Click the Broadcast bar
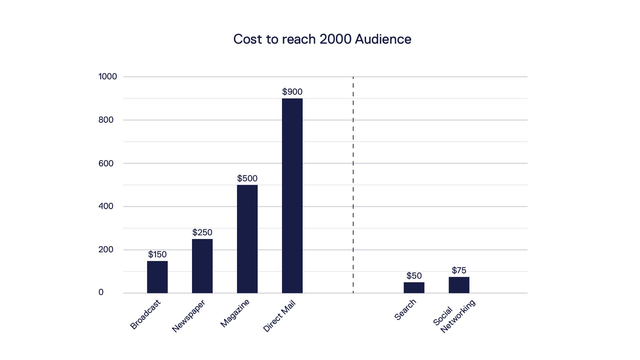click(157, 277)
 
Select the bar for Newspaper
click(202, 266)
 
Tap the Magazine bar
click(247, 239)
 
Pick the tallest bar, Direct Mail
click(292, 196)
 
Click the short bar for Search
click(414, 288)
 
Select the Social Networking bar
click(459, 285)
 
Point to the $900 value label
click(292, 92)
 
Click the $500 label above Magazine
click(247, 178)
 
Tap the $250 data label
click(202, 232)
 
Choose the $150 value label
click(157, 254)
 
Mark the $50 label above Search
click(414, 276)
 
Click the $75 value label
click(459, 270)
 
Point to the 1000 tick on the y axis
click(108, 77)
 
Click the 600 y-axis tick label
click(106, 163)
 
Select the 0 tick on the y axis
click(101, 292)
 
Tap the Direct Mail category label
click(279, 316)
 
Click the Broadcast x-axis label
click(145, 314)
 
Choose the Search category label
click(405, 310)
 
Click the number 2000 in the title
click(335, 39)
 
